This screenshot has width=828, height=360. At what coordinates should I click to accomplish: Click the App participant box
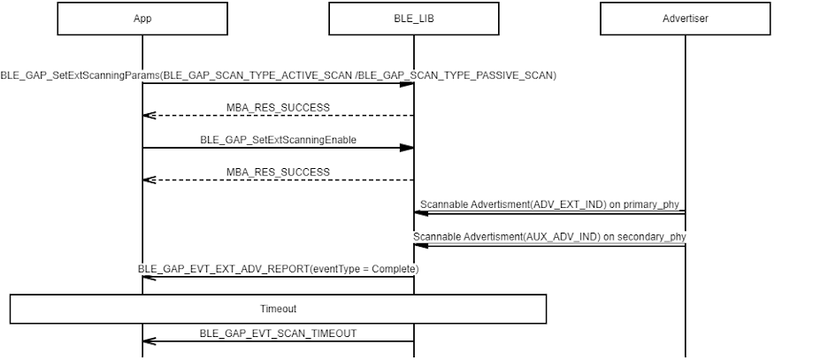(x=142, y=19)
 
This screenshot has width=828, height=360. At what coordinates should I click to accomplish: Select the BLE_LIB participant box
(x=414, y=19)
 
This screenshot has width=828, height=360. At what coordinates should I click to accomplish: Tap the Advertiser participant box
(x=686, y=19)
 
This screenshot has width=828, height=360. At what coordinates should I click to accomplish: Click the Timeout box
(x=279, y=309)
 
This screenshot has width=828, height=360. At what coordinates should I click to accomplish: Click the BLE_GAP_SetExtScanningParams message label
(x=279, y=75)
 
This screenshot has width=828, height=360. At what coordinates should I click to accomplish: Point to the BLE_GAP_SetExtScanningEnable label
(x=279, y=140)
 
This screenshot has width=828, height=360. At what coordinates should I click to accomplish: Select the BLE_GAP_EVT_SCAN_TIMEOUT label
(x=279, y=333)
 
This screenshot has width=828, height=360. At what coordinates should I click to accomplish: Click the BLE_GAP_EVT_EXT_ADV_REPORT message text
(x=279, y=269)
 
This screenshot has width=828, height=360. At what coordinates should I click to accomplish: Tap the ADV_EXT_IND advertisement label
(x=549, y=205)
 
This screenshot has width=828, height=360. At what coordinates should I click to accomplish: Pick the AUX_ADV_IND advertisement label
(x=549, y=237)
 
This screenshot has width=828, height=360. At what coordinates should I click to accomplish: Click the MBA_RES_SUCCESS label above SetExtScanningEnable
(x=279, y=108)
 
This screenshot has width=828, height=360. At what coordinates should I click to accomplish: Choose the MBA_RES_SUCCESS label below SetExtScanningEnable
(x=279, y=172)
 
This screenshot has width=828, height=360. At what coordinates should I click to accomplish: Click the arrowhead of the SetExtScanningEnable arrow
(x=407, y=148)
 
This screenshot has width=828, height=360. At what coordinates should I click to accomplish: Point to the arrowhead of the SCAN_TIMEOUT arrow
(x=149, y=341)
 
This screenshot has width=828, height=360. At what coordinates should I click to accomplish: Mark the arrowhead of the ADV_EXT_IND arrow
(x=421, y=212)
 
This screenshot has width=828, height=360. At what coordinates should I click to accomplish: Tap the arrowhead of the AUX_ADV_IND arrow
(x=421, y=245)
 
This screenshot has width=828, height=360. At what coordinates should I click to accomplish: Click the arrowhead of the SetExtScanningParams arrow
(x=407, y=84)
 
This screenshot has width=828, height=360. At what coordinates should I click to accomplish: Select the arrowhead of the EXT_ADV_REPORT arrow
(x=149, y=277)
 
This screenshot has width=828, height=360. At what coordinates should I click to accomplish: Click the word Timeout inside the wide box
(x=279, y=309)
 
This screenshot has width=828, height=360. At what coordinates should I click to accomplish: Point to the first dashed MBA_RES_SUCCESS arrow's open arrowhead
(x=149, y=116)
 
